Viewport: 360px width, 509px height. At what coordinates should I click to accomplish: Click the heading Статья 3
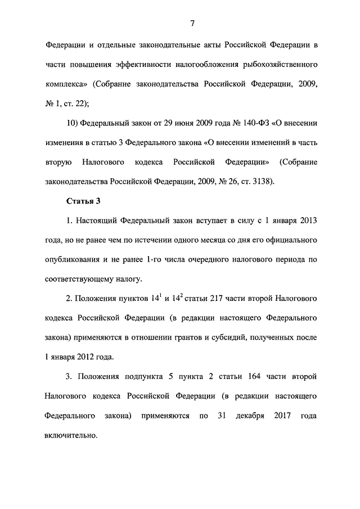(84, 200)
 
